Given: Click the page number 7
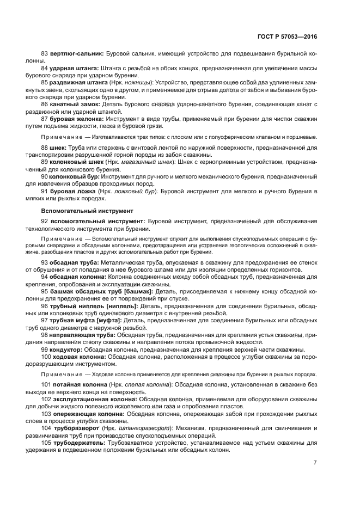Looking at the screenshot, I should [x=315, y=462].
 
